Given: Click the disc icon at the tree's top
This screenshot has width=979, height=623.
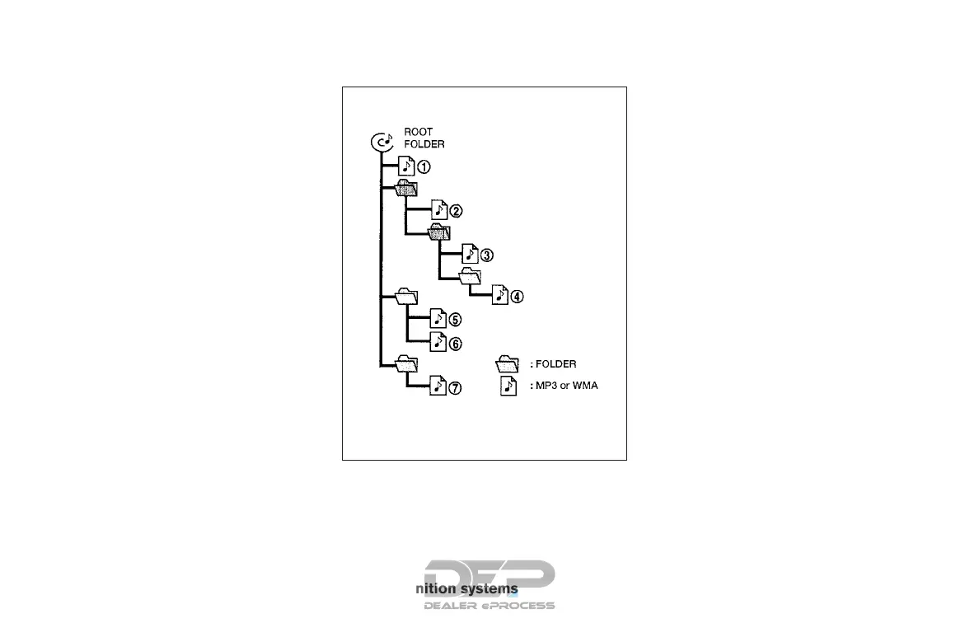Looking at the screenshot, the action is (x=380, y=143).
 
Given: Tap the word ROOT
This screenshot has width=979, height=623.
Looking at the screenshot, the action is (x=418, y=132).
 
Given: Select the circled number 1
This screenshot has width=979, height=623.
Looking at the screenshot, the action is (x=424, y=166).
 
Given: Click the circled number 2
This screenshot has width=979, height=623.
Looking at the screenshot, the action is (x=455, y=210).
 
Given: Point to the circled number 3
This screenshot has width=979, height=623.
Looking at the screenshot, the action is (x=486, y=255).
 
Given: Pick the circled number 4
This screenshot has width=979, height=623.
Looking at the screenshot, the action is (x=517, y=297).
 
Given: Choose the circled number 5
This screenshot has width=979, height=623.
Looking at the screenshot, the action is (x=455, y=320).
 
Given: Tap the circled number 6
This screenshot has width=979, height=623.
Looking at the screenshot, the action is (x=455, y=343).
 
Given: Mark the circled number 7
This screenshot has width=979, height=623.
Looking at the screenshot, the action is (x=455, y=386).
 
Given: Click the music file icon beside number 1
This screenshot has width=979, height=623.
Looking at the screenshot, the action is (x=405, y=165).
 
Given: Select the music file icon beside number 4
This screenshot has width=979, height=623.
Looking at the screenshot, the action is (x=499, y=295).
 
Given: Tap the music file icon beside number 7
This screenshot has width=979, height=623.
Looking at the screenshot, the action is (x=438, y=386).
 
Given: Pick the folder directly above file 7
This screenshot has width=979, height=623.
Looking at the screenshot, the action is (x=406, y=363).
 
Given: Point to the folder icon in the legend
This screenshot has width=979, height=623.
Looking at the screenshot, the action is (x=508, y=363).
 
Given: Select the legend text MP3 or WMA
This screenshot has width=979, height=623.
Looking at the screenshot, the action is (x=564, y=386).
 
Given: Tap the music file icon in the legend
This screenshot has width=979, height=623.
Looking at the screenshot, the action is (x=509, y=386).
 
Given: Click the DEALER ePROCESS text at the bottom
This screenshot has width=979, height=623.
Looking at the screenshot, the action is (x=489, y=606).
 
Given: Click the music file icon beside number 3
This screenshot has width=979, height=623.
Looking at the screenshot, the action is (x=469, y=253).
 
